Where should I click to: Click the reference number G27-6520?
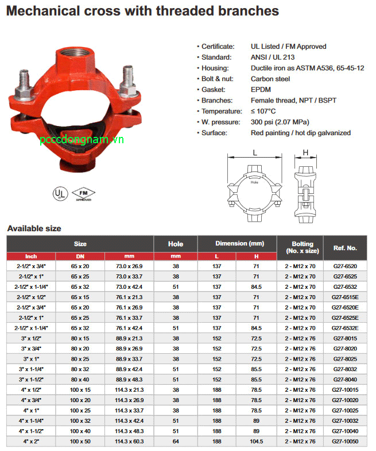pyautogui.click(x=344, y=266)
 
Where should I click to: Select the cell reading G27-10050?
pyautogui.click(x=344, y=441)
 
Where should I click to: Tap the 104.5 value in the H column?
pyautogui.click(x=256, y=441)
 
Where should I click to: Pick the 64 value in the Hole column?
pyautogui.click(x=176, y=441)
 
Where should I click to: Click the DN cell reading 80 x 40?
pyautogui.click(x=80, y=379)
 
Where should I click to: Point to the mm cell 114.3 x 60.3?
pyautogui.click(x=129, y=441)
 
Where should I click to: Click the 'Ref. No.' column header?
pyautogui.click(x=344, y=247)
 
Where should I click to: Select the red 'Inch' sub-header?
pyautogui.click(x=31, y=256)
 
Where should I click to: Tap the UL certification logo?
pyautogui.click(x=59, y=192)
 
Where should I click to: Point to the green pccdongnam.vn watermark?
pyautogui.click(x=82, y=140)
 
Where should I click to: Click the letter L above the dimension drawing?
pyautogui.click(x=254, y=154)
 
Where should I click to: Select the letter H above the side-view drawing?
pyautogui.click(x=305, y=154)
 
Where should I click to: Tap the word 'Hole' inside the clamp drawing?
pyautogui.click(x=254, y=182)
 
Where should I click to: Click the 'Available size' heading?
pyautogui.click(x=34, y=228)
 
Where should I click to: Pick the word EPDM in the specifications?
pyautogui.click(x=260, y=90)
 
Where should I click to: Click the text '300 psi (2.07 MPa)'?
pyautogui.click(x=280, y=122)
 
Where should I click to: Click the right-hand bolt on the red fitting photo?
pyautogui.click(x=126, y=82)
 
